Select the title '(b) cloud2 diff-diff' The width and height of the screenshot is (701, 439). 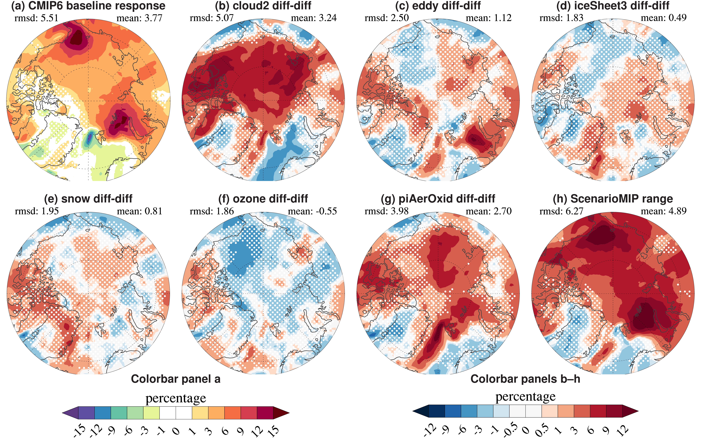(263, 6)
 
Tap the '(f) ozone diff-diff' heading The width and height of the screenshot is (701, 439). (263, 199)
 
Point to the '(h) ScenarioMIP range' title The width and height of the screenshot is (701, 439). (613, 199)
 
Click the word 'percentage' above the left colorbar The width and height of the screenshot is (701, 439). (176, 398)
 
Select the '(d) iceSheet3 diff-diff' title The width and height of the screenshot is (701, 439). (613, 6)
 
